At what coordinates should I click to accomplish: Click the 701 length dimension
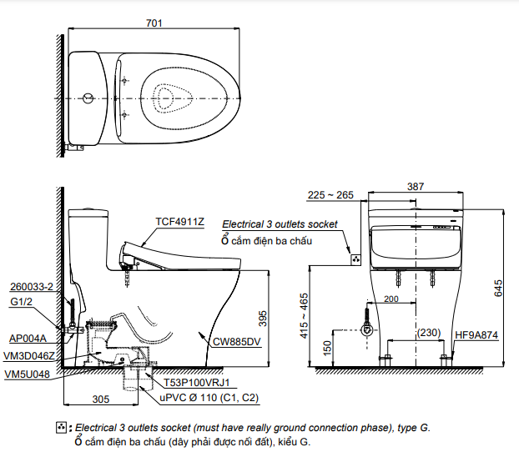[154, 23]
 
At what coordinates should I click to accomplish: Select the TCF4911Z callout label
[179, 221]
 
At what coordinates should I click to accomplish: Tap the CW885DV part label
[237, 341]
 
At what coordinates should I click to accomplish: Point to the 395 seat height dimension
[263, 319]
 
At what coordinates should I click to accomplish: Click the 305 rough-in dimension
[101, 399]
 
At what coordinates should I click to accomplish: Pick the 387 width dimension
[416, 187]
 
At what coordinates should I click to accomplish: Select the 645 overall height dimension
[498, 288]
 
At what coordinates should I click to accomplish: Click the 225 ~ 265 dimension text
[330, 195]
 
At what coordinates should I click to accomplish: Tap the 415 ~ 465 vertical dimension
[304, 316]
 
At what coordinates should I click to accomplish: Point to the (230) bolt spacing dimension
[429, 332]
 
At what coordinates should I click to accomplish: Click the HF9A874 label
[476, 335]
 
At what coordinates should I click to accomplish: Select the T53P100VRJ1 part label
[197, 383]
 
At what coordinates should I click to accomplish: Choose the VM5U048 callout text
[28, 374]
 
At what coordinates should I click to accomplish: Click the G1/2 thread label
[22, 301]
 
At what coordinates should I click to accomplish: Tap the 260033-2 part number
[32, 287]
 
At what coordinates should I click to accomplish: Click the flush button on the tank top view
[88, 98]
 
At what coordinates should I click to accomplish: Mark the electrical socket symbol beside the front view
[356, 259]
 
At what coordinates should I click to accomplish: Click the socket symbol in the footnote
[61, 428]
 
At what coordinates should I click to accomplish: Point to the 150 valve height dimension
[327, 348]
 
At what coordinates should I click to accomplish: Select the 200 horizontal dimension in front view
[391, 299]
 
